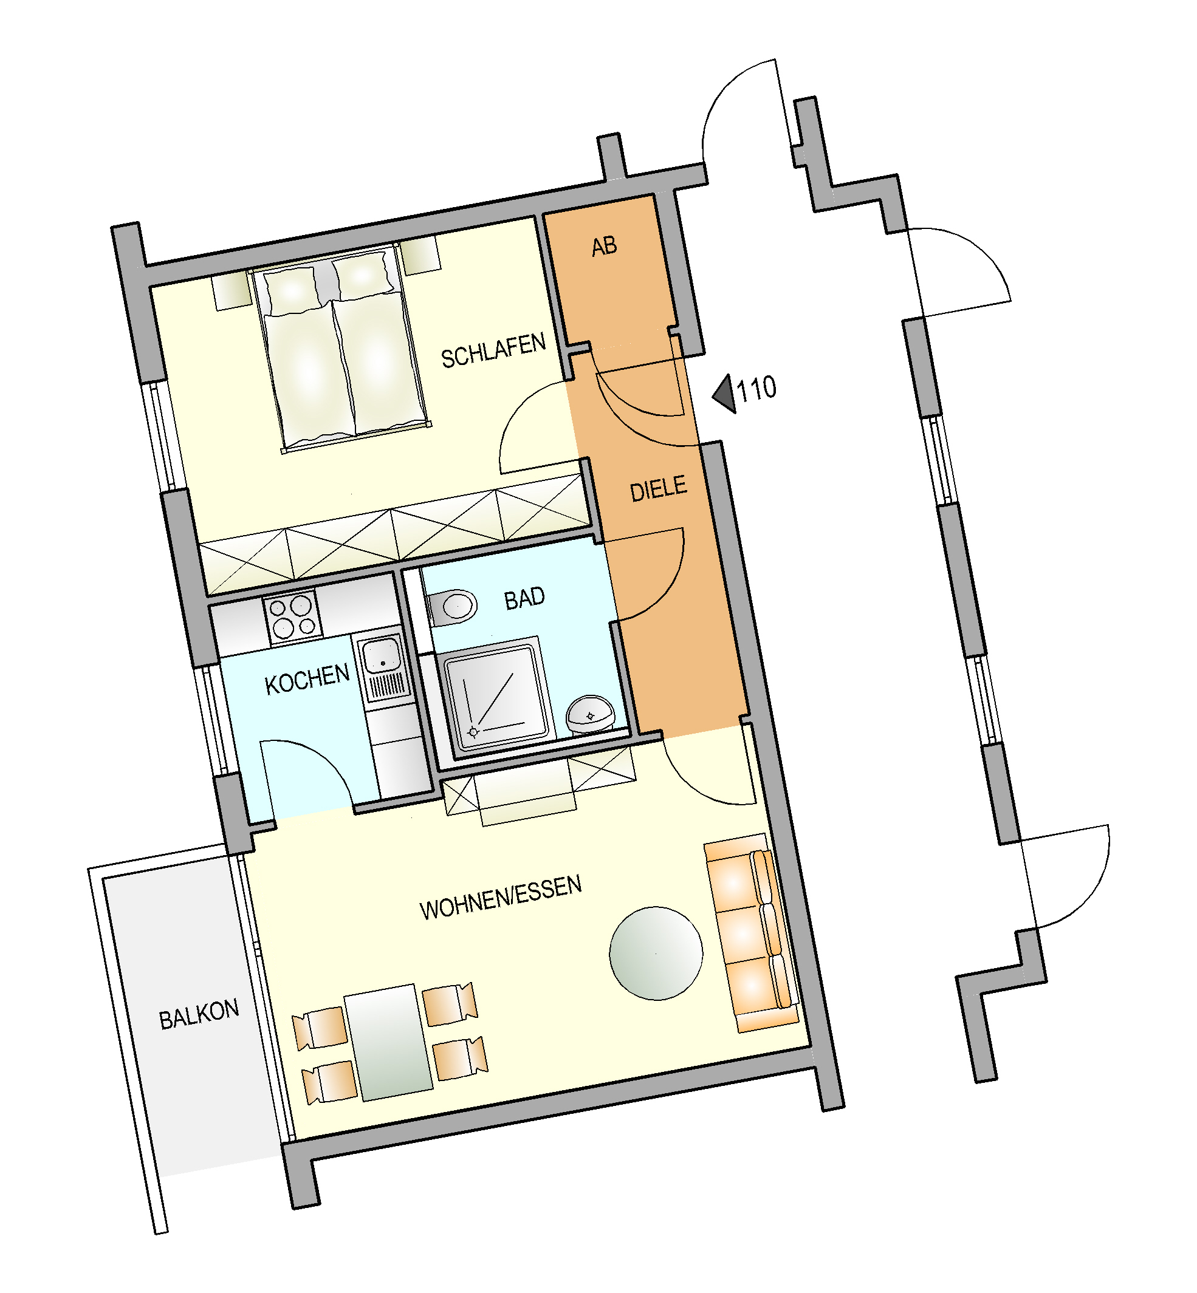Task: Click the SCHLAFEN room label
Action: pyautogui.click(x=493, y=350)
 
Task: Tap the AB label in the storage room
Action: pyautogui.click(x=605, y=247)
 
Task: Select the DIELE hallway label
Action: pyautogui.click(x=658, y=489)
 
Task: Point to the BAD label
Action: pyautogui.click(x=524, y=598)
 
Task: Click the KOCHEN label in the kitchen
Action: pyautogui.click(x=307, y=679)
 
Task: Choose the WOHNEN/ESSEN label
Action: pyautogui.click(x=501, y=898)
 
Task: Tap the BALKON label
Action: pyautogui.click(x=199, y=1015)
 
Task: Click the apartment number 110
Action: pyautogui.click(x=756, y=389)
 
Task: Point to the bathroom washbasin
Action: pyautogui.click(x=590, y=714)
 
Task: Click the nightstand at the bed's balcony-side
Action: pyautogui.click(x=232, y=291)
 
